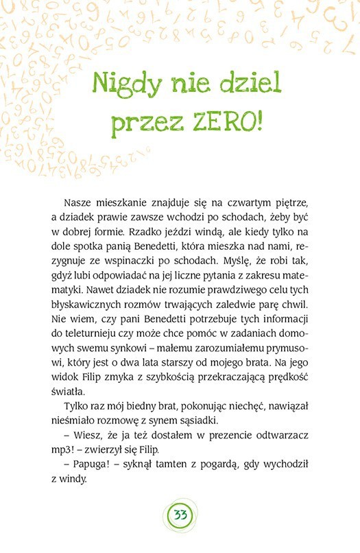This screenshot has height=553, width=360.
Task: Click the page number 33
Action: click(180, 515)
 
